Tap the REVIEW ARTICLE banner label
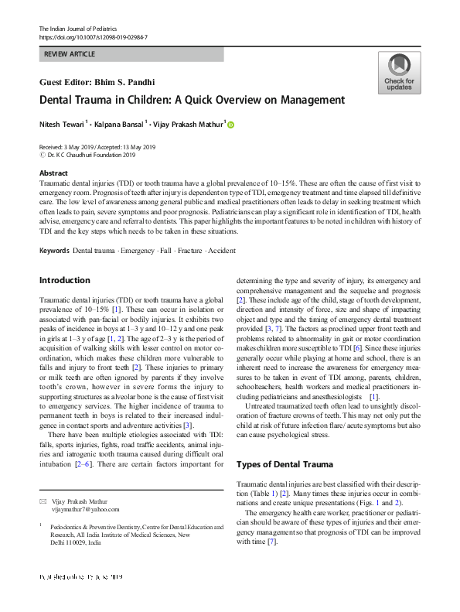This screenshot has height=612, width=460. [70, 54]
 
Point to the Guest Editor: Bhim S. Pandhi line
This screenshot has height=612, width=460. [97, 82]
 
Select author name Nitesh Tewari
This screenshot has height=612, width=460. [63, 124]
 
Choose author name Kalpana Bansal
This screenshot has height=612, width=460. [118, 124]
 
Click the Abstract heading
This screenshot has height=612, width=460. [53, 173]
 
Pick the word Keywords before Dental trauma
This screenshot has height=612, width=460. [54, 251]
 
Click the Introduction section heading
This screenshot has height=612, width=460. [64, 280]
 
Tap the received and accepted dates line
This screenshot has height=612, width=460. [97, 147]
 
